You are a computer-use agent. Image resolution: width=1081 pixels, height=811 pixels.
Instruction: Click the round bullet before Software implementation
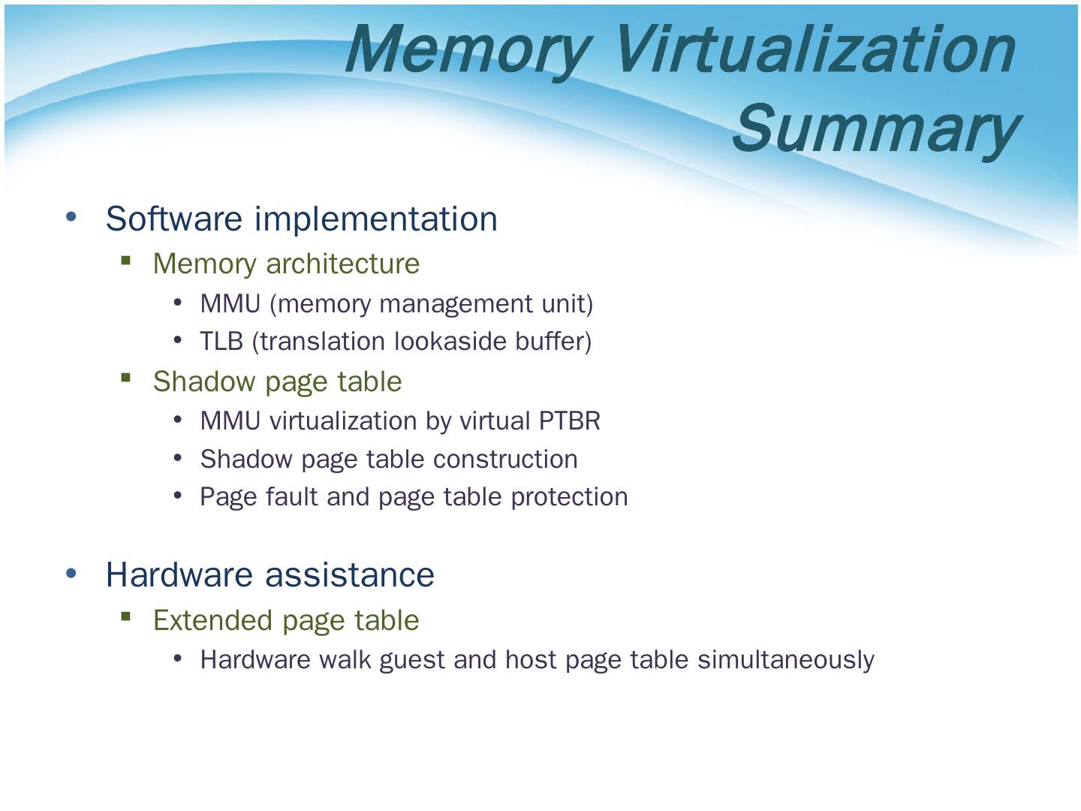(71, 217)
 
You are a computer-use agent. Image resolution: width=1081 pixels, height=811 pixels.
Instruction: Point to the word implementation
(375, 219)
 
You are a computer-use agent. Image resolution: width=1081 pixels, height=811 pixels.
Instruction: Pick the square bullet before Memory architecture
(125, 261)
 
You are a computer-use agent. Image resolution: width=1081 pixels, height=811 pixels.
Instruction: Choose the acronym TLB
(221, 342)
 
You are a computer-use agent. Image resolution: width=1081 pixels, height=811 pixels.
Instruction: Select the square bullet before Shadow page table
(125, 378)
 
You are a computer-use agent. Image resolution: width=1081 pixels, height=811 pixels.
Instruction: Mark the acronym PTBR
(569, 421)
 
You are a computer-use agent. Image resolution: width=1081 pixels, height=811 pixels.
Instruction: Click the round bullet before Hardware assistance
(71, 573)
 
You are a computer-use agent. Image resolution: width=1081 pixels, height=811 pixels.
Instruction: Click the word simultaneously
(785, 660)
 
